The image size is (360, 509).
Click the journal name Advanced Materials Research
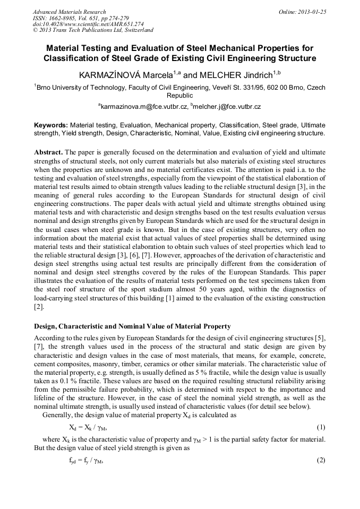[x=69, y=12]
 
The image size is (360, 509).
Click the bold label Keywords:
[x=50, y=125]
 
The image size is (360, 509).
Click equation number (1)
[x=320, y=427]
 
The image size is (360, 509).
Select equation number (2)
[x=320, y=460]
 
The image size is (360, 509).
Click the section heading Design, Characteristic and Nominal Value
[x=132, y=326]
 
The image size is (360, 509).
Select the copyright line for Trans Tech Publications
[x=93, y=30]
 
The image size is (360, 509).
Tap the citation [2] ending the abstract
[x=38, y=307]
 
